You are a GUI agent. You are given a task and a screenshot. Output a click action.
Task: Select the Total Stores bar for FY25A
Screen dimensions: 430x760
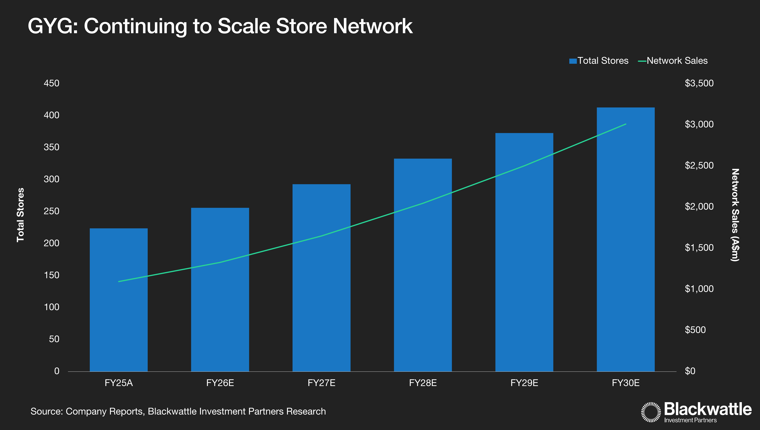click(119, 300)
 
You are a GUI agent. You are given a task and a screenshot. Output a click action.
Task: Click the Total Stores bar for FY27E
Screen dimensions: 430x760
click(321, 278)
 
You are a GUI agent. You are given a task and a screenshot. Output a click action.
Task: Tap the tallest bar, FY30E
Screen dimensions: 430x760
click(626, 239)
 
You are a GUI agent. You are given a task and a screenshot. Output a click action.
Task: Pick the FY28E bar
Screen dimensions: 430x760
click(423, 265)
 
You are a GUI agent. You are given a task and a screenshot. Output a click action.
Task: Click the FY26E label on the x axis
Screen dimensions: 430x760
click(220, 383)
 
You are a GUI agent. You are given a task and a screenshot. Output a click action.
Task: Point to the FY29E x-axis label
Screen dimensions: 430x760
click(524, 383)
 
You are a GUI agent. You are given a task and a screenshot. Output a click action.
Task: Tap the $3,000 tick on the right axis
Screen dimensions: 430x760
click(699, 124)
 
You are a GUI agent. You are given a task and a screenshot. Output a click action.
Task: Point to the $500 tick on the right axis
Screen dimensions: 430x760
click(695, 330)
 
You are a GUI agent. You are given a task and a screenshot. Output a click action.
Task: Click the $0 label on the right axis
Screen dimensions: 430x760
click(690, 371)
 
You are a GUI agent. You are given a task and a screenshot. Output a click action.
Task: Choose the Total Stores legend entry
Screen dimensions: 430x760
click(599, 61)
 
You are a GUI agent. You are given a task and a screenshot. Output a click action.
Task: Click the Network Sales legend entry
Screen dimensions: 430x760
click(673, 61)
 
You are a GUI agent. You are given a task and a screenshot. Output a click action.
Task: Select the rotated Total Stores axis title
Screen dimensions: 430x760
click(20, 215)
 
